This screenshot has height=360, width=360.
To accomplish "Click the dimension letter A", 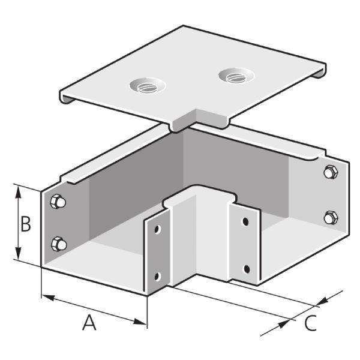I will click(89, 323).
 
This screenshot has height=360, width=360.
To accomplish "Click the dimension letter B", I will click(26, 224).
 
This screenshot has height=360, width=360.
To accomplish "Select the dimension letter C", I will click(310, 323).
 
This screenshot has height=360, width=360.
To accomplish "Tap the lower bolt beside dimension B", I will click(59, 244).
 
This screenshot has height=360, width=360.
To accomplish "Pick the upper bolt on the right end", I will click(329, 172).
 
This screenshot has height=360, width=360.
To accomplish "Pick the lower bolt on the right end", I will click(329, 217).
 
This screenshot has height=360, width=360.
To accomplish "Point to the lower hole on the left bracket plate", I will click(157, 276).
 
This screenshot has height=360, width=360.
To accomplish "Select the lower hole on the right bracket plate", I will click(245, 268).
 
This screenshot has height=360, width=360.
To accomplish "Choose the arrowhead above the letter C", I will click(324, 298).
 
